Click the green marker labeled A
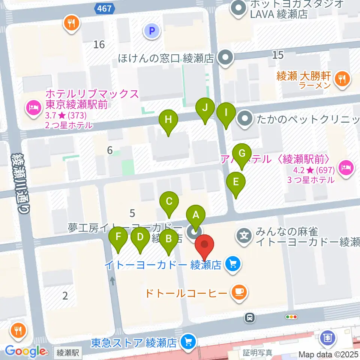point(195,216)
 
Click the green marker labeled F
point(118,238)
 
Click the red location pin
point(205,246)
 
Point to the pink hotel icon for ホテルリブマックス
point(33,109)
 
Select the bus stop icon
point(249,318)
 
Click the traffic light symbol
point(291,317)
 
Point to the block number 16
point(99,45)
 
